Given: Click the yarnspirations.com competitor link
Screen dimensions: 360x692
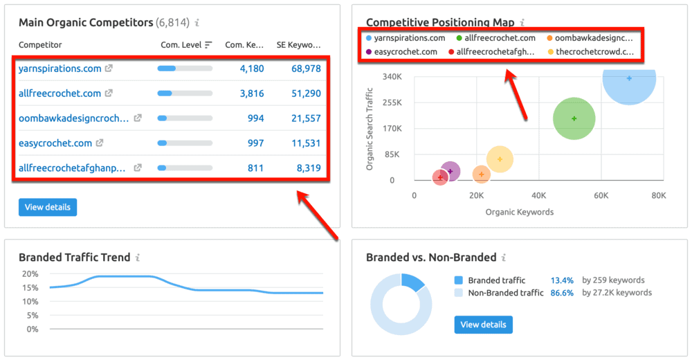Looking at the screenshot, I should click(60, 69).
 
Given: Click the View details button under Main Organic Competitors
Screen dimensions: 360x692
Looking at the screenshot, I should click(48, 207).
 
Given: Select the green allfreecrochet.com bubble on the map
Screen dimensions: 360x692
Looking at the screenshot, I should click(574, 118).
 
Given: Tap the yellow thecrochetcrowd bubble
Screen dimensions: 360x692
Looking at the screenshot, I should click(500, 159).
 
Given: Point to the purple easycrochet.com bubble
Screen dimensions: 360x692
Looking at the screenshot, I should click(450, 171).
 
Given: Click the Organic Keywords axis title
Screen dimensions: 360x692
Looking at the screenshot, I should click(520, 212).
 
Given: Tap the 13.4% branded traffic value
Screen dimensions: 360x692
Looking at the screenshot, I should click(562, 280).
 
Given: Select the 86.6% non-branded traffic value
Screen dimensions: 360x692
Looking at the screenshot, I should click(562, 293).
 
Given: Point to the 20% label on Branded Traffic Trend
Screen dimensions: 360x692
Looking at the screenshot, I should click(30, 273).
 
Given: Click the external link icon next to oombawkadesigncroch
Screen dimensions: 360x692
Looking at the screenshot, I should click(138, 118).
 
